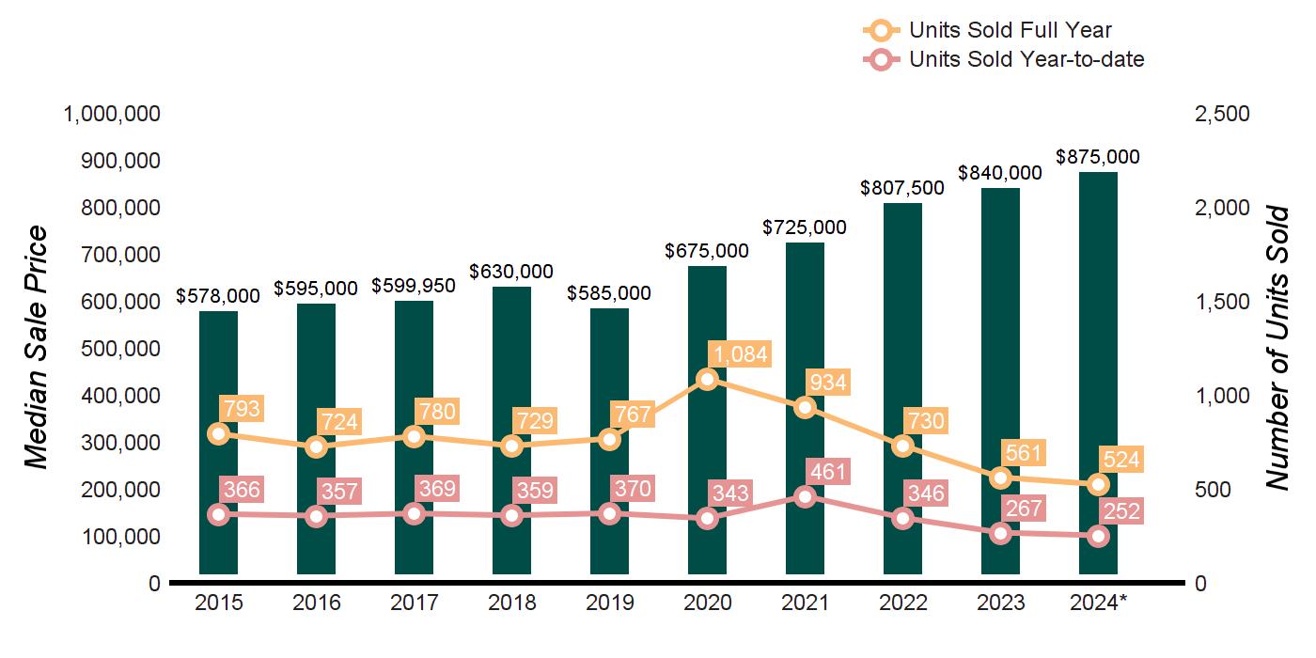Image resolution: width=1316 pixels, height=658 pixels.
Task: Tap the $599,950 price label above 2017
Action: (x=414, y=285)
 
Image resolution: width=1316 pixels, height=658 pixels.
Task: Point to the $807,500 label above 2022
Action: (x=902, y=187)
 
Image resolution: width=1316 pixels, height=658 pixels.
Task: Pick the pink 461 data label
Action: (x=826, y=471)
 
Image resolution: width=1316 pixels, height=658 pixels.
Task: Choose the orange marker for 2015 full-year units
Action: (x=219, y=433)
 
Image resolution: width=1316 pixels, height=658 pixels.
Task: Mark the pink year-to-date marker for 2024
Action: (x=1098, y=536)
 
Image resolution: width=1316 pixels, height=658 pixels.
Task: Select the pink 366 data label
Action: (x=240, y=489)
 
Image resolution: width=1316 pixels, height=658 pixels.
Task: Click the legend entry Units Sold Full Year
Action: (x=1010, y=30)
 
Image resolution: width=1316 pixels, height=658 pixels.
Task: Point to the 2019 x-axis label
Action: (x=609, y=603)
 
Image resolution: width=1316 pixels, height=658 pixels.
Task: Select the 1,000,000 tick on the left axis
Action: (x=112, y=114)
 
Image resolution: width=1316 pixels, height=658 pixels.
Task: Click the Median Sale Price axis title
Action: (x=36, y=348)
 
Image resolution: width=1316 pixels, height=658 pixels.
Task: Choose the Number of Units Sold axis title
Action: (x=1277, y=348)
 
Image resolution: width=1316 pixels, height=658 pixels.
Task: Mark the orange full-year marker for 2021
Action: (x=805, y=407)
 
